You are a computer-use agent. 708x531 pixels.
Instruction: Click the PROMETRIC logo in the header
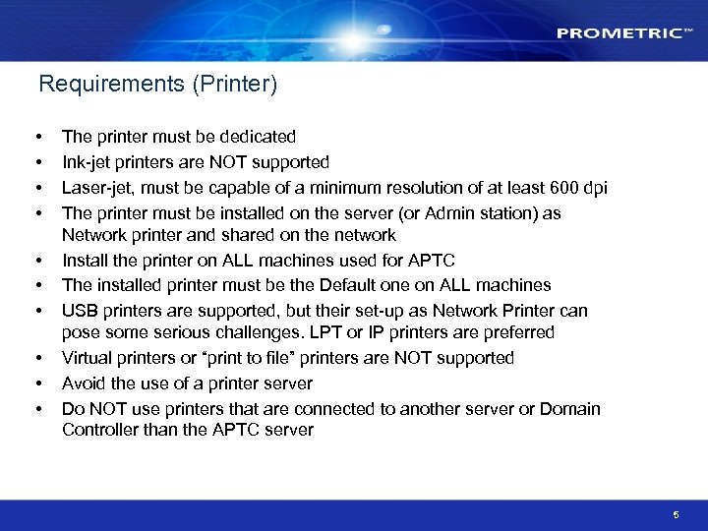pos(619,33)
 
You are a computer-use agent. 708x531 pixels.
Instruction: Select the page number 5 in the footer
pos(677,514)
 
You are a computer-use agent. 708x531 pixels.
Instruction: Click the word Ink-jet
pos(85,162)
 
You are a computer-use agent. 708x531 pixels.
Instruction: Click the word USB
pos(80,311)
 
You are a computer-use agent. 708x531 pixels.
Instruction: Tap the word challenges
pos(295,333)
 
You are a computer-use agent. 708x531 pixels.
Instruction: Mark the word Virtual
pos(88,358)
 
